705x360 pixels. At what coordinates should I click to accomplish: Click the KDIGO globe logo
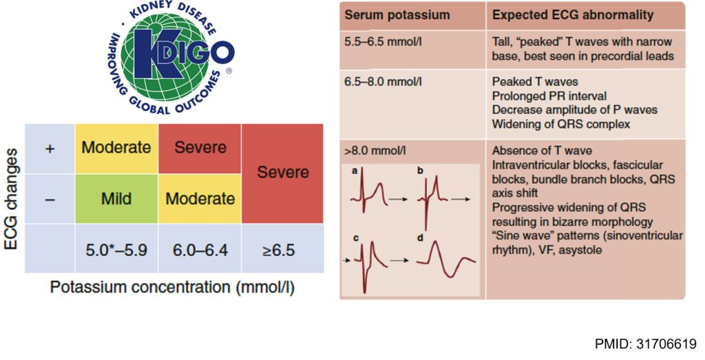click(171, 57)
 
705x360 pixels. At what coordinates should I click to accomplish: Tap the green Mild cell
click(116, 199)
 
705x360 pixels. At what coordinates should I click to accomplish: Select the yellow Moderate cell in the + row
click(116, 148)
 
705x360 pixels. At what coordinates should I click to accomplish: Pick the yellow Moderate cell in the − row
click(200, 199)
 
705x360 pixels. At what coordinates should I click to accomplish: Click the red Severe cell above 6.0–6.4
click(200, 148)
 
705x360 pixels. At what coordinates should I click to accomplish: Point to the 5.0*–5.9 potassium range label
click(116, 250)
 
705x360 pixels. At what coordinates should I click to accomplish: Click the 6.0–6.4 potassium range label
click(200, 250)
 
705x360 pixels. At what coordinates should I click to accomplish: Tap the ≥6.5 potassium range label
click(279, 250)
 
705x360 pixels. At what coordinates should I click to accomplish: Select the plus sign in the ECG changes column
click(50, 149)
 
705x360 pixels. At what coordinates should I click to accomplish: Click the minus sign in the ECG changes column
click(50, 199)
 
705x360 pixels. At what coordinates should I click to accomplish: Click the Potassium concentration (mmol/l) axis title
click(172, 287)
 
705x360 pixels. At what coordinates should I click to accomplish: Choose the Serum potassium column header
click(397, 15)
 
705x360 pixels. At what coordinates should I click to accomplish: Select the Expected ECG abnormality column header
click(573, 15)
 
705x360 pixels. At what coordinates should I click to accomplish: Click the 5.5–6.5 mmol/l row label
click(383, 42)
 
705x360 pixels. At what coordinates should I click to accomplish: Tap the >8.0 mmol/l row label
click(375, 151)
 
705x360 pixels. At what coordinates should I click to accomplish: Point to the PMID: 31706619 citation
click(646, 344)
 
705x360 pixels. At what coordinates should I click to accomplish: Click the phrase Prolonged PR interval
click(549, 96)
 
